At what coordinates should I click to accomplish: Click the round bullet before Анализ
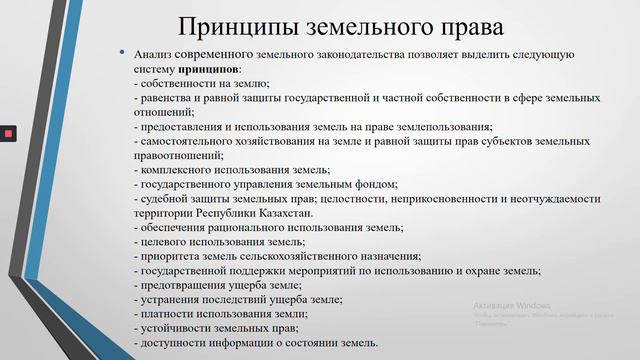pos(121,52)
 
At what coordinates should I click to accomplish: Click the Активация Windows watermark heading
pos(512,305)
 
